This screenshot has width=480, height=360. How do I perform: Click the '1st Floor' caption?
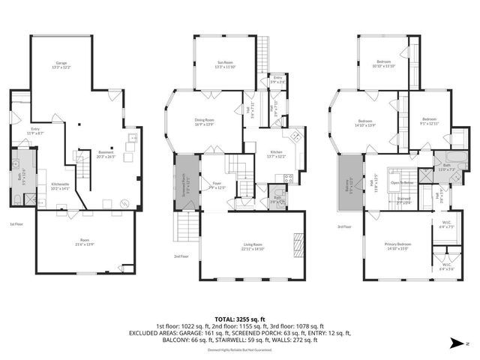[17, 224]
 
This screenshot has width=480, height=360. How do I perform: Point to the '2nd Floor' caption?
[182, 256]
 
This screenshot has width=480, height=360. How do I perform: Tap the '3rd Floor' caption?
[344, 226]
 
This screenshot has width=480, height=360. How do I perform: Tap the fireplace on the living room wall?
[298, 244]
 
